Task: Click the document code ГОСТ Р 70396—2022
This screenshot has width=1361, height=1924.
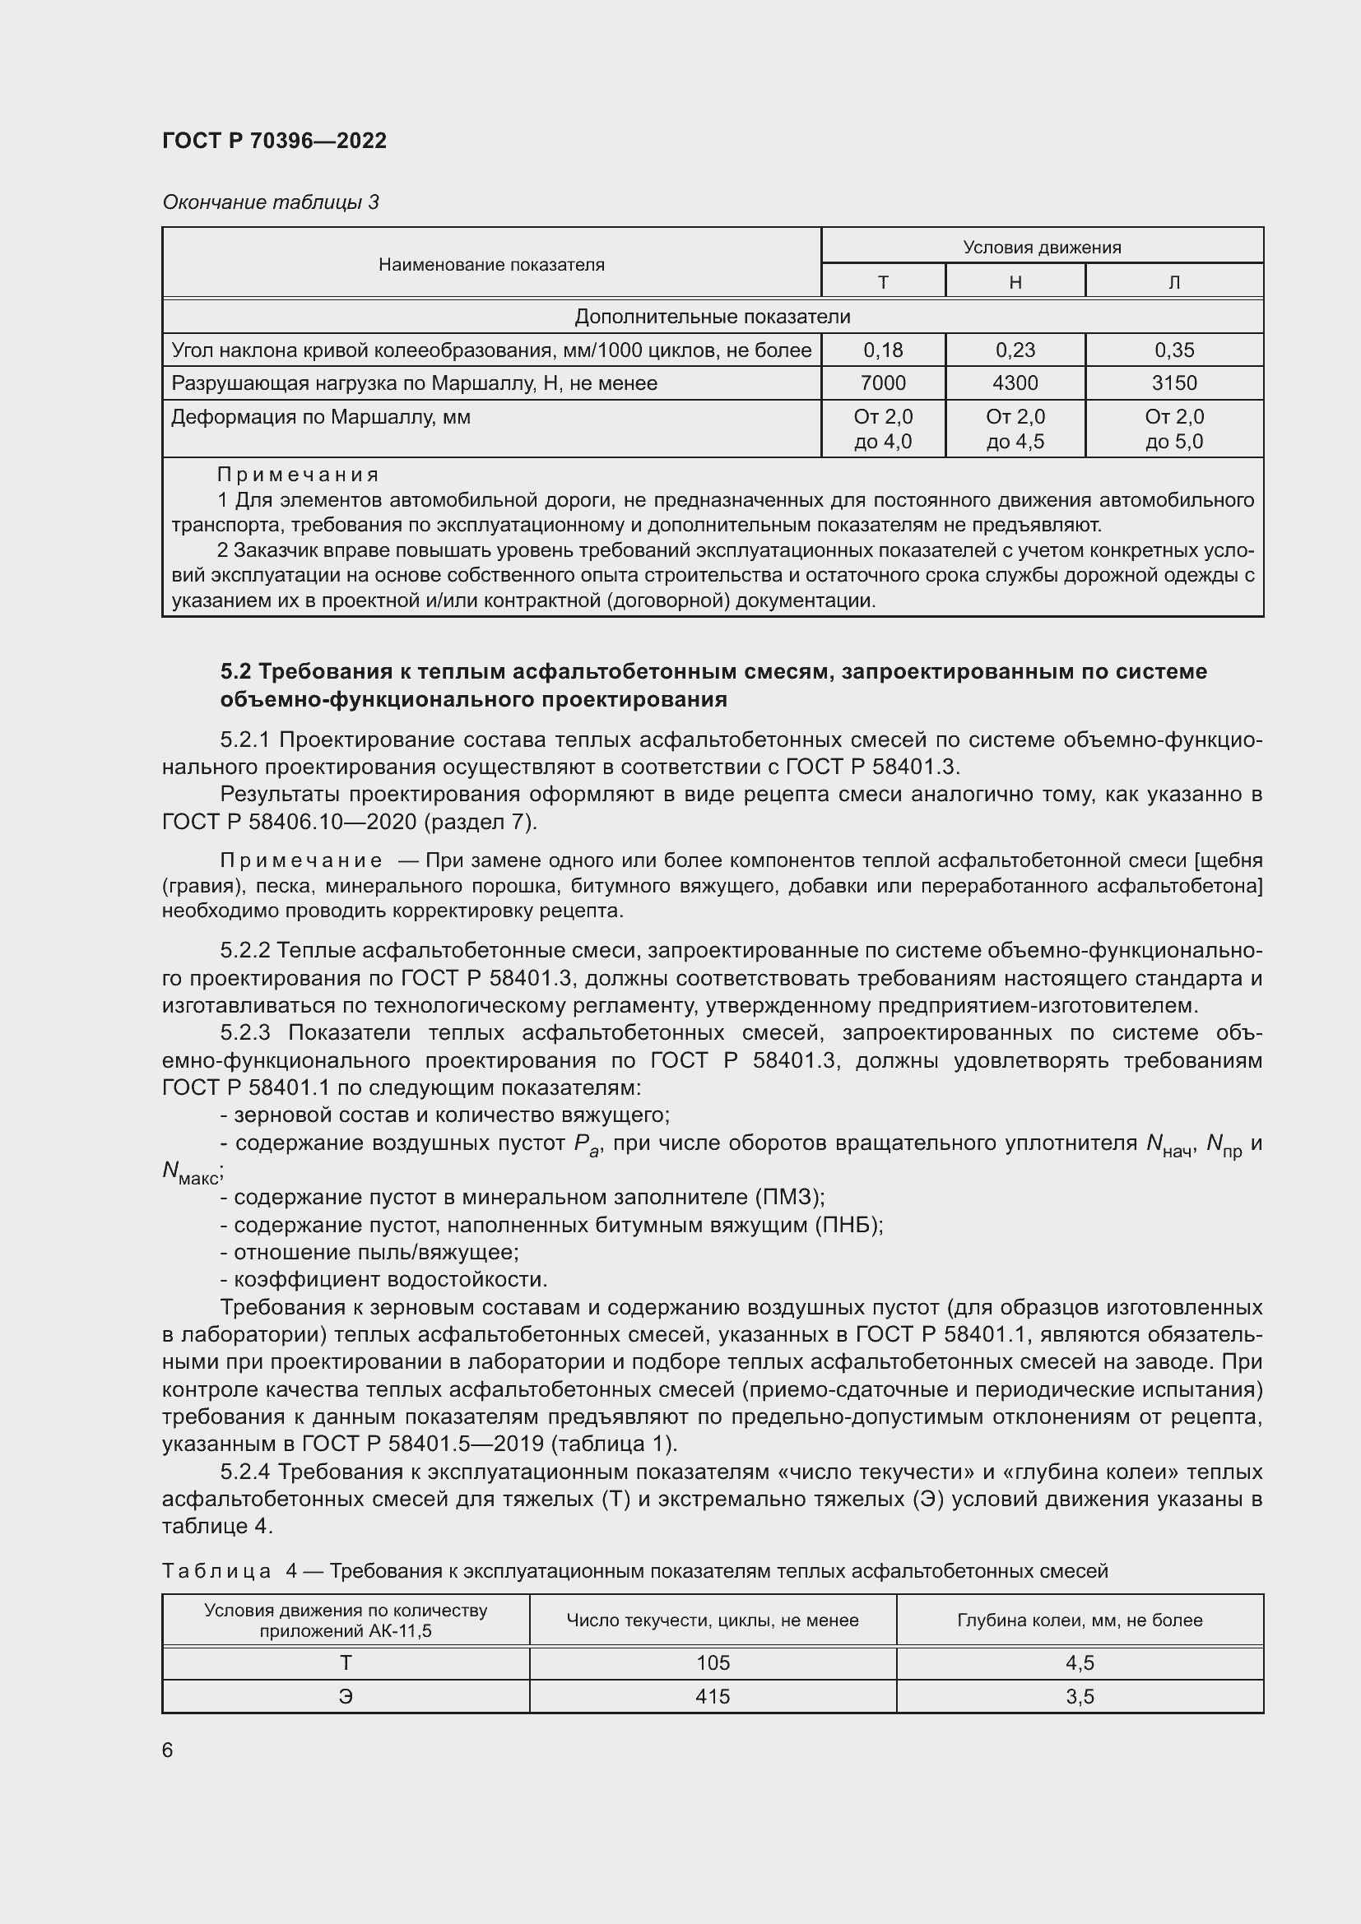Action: [x=274, y=141]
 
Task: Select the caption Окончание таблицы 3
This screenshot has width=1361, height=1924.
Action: [x=270, y=202]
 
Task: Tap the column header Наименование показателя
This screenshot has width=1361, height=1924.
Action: [x=491, y=265]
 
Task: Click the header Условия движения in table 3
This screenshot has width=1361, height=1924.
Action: [x=1042, y=248]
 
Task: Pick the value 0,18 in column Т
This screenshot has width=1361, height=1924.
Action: [x=882, y=350]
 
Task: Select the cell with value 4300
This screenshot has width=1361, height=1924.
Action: [x=1015, y=383]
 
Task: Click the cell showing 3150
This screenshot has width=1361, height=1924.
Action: [x=1173, y=383]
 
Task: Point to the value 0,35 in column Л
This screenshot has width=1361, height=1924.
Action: [x=1173, y=350]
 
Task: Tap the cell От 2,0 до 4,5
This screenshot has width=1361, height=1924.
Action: [x=1015, y=429]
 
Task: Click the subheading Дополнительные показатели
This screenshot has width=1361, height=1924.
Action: [x=712, y=317]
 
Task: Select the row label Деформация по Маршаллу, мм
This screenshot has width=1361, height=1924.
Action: [x=320, y=417]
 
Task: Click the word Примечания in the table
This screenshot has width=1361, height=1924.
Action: [x=298, y=475]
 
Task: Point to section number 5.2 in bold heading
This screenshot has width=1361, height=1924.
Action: [x=236, y=671]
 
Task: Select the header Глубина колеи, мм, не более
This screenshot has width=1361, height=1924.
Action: [x=1079, y=1620]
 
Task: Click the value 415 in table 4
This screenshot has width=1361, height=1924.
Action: [x=713, y=1697]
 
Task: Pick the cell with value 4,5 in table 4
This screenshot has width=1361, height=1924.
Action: [x=1080, y=1663]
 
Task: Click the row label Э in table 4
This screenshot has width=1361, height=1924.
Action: [x=346, y=1697]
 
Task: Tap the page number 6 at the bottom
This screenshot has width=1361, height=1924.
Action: [x=168, y=1750]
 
